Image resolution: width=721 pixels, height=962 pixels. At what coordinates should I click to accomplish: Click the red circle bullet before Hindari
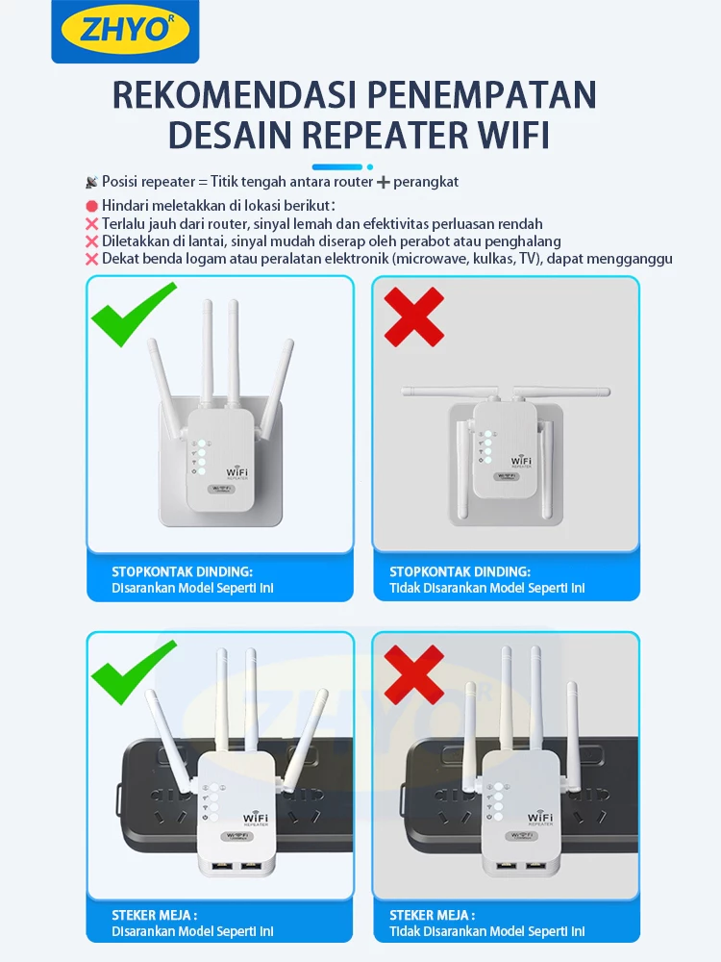click(x=92, y=206)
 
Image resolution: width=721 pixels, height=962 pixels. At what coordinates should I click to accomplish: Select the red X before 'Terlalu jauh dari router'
click(x=92, y=223)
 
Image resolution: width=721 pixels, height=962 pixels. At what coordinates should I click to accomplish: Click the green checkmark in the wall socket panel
click(x=134, y=314)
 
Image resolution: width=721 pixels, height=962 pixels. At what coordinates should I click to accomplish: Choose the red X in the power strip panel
click(x=413, y=671)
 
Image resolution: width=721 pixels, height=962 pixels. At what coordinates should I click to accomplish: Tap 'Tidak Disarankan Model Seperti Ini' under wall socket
click(x=486, y=588)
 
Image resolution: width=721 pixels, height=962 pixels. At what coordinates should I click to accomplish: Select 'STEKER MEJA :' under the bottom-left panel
click(x=154, y=916)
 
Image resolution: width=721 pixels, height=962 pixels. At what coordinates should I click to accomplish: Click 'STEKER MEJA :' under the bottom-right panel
click(x=432, y=916)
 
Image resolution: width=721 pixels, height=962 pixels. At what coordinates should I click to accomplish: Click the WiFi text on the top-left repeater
click(x=237, y=472)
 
